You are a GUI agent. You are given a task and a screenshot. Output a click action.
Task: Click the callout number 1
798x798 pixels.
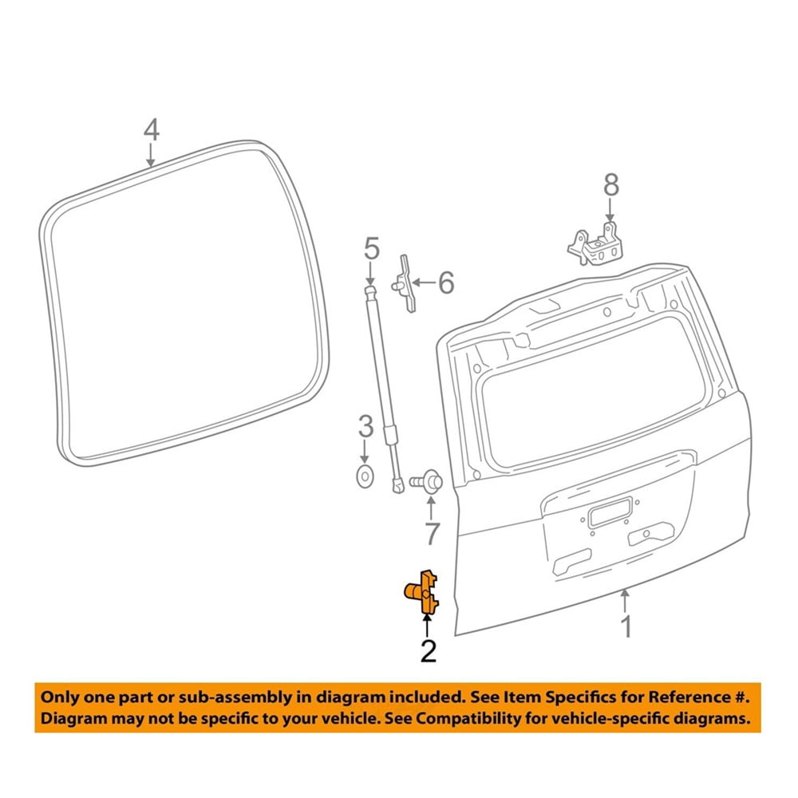pos(627,626)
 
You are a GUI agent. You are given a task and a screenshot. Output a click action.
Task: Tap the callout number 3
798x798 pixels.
pos(365,427)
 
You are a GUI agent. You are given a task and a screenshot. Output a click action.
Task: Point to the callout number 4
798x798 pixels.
pos(151,129)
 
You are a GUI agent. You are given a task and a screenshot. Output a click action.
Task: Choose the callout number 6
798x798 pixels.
pos(446,282)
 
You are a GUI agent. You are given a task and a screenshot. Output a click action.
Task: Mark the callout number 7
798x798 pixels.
pos(432,532)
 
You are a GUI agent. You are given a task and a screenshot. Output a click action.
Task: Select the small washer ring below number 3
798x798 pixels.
pos(365,476)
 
